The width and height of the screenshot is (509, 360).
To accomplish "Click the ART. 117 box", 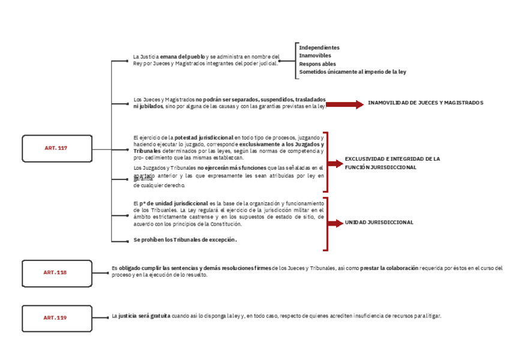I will pos(57,148).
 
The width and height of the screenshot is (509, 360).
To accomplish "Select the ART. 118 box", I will pos(56,273).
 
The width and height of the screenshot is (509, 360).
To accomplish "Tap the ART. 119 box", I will pos(56,318).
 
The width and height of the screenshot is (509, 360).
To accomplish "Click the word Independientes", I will pos(319,47).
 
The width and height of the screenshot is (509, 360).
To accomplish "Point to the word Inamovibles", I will pos(315,56).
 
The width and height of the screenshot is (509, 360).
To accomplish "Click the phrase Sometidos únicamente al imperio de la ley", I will pos(352,72).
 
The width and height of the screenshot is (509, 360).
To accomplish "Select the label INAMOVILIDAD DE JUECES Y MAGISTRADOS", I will pos(425,103).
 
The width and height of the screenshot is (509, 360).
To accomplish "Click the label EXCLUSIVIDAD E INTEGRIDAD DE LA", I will pos(392,159).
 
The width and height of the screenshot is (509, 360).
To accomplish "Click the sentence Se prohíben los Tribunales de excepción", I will pos(185,240).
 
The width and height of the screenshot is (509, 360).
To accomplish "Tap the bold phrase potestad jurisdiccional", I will pos(203,137).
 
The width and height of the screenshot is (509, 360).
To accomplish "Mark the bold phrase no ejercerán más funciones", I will pos(232,168).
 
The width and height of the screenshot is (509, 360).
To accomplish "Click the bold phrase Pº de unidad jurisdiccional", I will pos(170,203).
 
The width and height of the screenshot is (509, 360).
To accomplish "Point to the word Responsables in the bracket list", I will pos(318,64).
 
